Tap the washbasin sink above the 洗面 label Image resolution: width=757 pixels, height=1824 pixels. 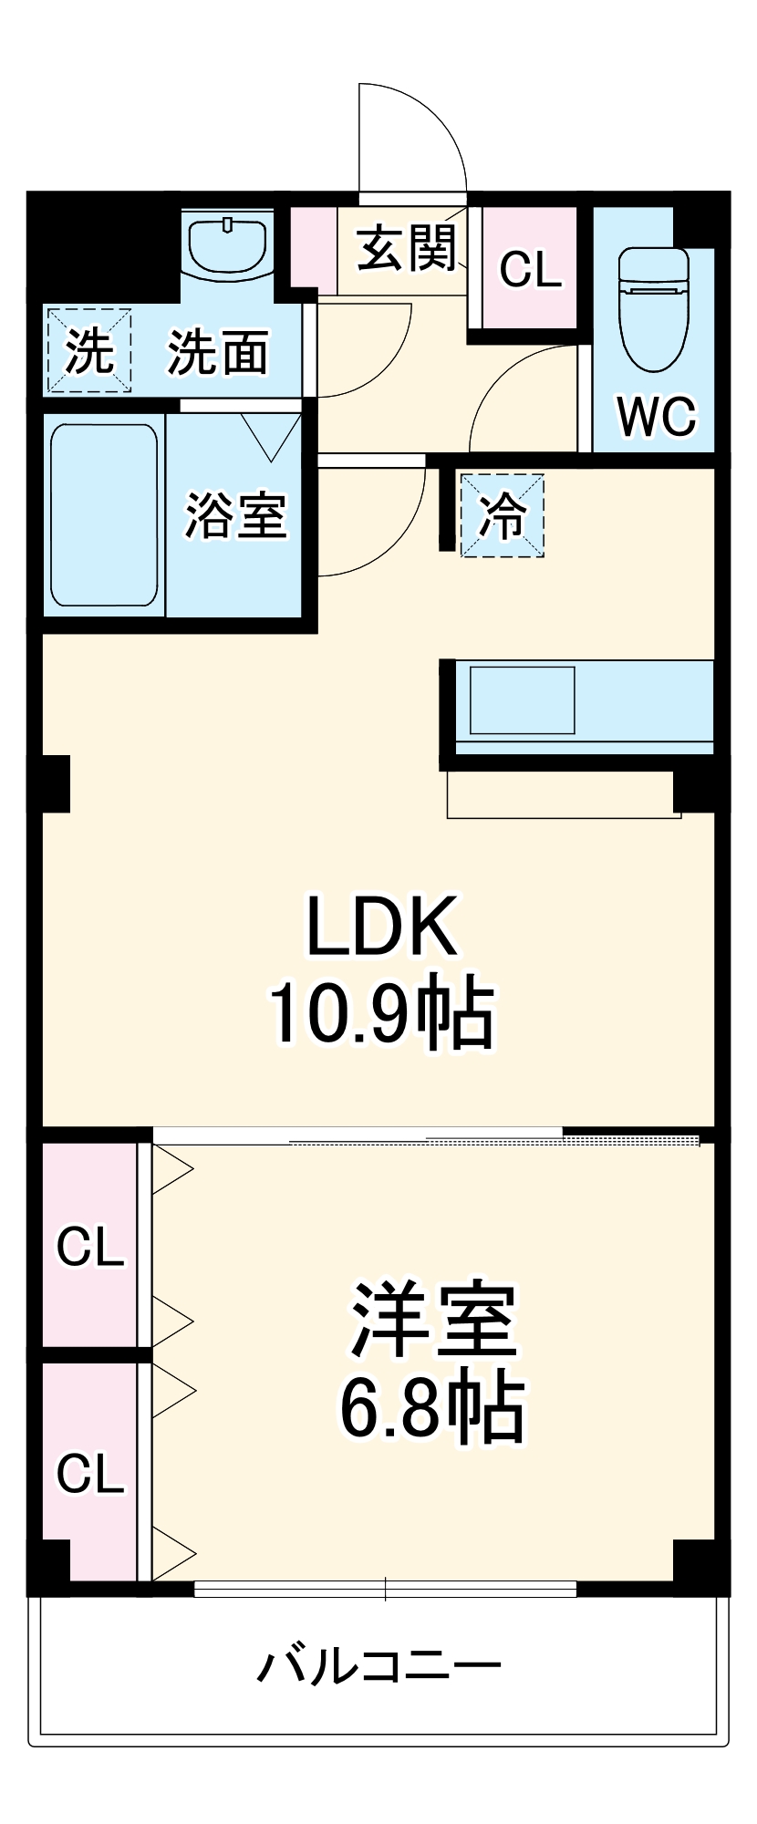(227, 244)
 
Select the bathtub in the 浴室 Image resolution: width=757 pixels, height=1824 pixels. (103, 514)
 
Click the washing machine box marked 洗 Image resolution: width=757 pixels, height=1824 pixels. (89, 351)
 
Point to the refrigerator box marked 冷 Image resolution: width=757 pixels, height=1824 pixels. (503, 515)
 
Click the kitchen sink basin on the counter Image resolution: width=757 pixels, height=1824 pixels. (522, 700)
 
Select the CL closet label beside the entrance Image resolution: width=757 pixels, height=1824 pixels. (530, 269)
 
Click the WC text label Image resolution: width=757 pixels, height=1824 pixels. (657, 417)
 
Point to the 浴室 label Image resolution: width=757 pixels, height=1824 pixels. (236, 514)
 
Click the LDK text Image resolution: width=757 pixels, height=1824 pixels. (381, 927)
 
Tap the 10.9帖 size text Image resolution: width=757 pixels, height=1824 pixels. (381, 1013)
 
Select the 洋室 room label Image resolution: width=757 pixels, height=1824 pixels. (433, 1321)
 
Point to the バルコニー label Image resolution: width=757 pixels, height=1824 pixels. (378, 1666)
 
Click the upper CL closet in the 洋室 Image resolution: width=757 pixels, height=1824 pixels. (89, 1246)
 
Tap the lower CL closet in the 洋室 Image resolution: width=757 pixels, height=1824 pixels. (89, 1473)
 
